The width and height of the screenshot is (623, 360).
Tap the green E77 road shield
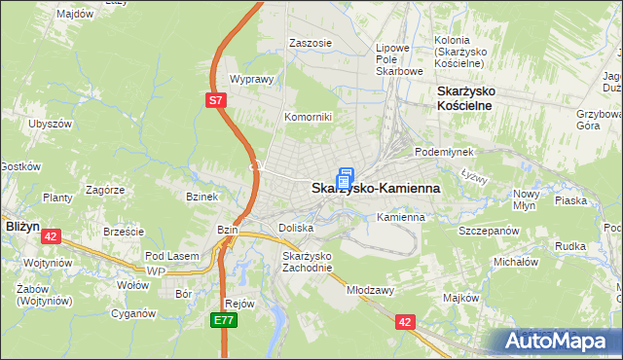point(223,319)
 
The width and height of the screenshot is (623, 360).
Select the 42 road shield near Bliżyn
point(52,235)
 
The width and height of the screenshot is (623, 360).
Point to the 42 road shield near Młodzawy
point(405,319)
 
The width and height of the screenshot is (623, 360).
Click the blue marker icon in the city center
point(344,179)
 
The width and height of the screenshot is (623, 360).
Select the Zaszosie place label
point(311,43)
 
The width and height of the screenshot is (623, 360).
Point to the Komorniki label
point(308,117)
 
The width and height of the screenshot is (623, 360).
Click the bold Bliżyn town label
point(21,225)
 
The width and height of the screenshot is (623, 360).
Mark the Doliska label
point(296,228)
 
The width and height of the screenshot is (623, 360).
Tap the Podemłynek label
point(444,153)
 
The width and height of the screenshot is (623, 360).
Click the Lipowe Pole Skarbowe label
point(399,59)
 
